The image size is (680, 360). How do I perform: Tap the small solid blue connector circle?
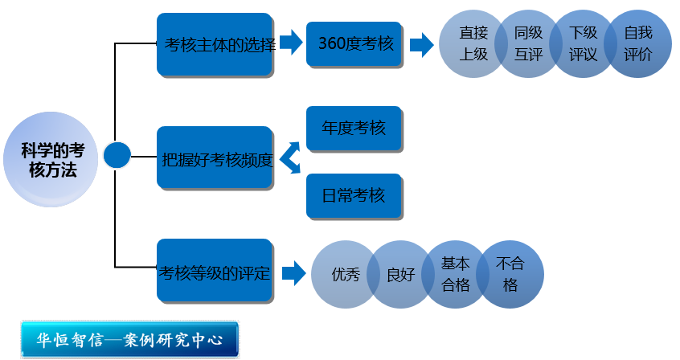pyautogui.click(x=117, y=155)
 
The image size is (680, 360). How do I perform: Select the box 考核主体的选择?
pyautogui.click(x=214, y=45)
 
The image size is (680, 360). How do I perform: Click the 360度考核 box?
pyautogui.click(x=355, y=43)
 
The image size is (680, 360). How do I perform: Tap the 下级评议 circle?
pyautogui.click(x=581, y=45)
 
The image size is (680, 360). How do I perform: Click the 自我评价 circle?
pyautogui.click(x=638, y=45)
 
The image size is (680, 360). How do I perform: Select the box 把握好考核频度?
pyautogui.click(x=215, y=157)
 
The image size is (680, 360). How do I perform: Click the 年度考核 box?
pyautogui.click(x=354, y=129)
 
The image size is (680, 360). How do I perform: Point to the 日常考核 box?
pyautogui.click(x=354, y=195)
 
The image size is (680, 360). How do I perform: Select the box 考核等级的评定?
pyautogui.click(x=214, y=273)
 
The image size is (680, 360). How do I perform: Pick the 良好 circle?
pyautogui.click(x=399, y=274)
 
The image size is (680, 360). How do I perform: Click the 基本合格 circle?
pyautogui.click(x=455, y=274)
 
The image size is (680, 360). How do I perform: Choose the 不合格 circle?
pyautogui.click(x=510, y=274)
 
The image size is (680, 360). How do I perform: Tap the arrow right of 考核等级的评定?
pyautogui.click(x=295, y=273)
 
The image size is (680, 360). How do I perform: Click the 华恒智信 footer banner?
pyautogui.click(x=131, y=338)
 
